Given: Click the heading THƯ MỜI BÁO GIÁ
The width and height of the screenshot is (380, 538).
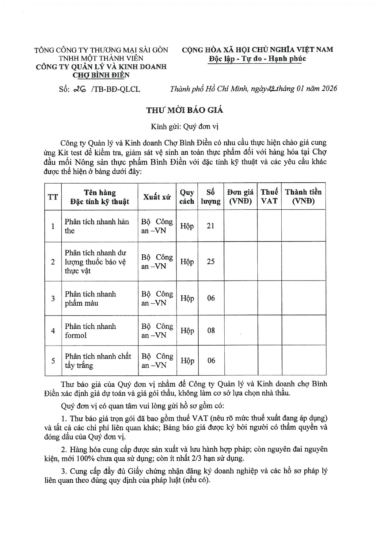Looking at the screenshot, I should click(x=184, y=110).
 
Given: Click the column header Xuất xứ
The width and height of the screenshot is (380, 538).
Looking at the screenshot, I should click(x=157, y=197).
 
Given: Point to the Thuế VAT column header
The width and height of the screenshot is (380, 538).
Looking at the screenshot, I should click(x=269, y=196).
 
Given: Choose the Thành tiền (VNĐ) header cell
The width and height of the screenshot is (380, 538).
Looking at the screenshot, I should click(x=303, y=196).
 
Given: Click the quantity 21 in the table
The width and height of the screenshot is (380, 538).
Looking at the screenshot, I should click(x=211, y=226).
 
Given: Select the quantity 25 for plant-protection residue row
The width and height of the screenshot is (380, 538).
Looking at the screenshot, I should click(x=211, y=261).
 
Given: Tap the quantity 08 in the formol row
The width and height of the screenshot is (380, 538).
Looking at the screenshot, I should click(x=211, y=331).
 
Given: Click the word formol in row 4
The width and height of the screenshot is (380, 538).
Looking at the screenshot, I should click(x=76, y=335).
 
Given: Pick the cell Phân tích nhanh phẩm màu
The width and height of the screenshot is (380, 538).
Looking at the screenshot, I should click(x=90, y=298).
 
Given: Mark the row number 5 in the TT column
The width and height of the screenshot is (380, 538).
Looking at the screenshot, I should click(x=53, y=361).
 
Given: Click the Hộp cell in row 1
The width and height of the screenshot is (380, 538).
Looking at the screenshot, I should click(x=187, y=226).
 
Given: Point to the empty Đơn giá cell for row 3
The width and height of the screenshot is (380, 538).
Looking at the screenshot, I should click(x=240, y=298).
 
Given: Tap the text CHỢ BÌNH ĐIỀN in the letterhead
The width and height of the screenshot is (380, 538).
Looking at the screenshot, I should click(x=101, y=75).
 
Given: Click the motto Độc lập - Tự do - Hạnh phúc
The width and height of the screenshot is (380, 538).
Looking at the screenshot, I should click(x=257, y=59).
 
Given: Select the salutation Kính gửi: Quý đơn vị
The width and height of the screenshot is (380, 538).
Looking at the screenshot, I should click(x=184, y=126).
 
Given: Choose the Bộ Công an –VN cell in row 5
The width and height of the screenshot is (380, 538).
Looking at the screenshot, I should click(x=157, y=361).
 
